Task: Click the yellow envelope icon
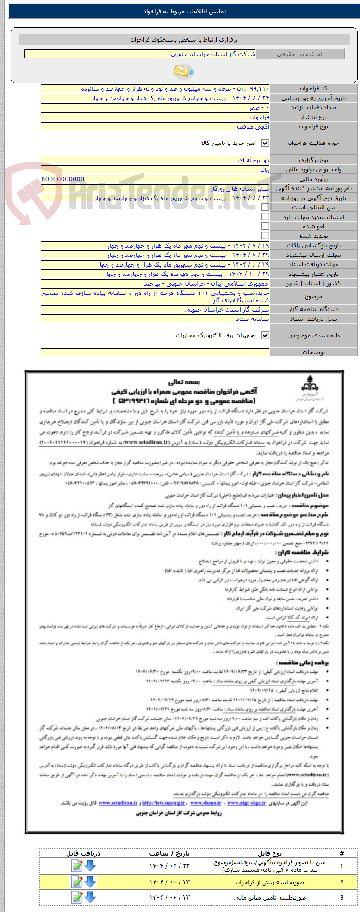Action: click(183, 71)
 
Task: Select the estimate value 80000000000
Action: click(63, 179)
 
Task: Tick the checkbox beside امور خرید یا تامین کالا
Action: click(265, 143)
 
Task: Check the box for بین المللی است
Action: click(265, 207)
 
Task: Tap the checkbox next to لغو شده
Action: click(265, 226)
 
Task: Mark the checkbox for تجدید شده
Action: click(265, 236)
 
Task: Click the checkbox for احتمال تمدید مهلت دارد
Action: click(265, 217)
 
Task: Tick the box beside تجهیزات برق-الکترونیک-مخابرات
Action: click(265, 335)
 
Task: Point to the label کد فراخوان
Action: click(313, 88)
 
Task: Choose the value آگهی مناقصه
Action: click(252, 126)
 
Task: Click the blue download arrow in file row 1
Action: click(90, 865)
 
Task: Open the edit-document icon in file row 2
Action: click(77, 882)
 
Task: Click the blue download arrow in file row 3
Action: click(90, 897)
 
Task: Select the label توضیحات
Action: click(313, 352)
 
